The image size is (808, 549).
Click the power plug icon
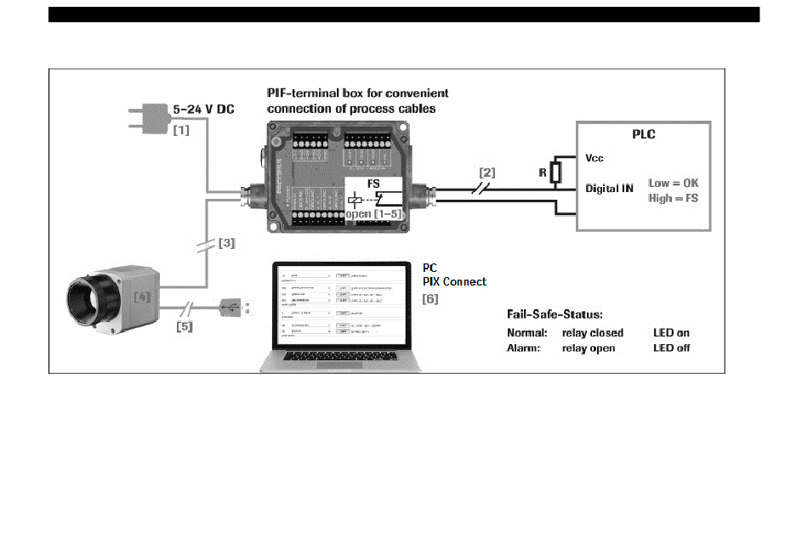pyautogui.click(x=145, y=118)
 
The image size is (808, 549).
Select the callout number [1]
pyautogui.click(x=181, y=132)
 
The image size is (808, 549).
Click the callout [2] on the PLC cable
pyautogui.click(x=487, y=173)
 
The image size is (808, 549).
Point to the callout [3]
pyautogui.click(x=227, y=243)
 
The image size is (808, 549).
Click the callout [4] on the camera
pyautogui.click(x=143, y=297)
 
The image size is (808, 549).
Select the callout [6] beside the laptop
pyautogui.click(x=430, y=299)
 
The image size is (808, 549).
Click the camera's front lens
pyautogui.click(x=85, y=297)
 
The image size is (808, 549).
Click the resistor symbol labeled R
pyautogui.click(x=556, y=173)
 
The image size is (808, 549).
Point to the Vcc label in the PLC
pyautogui.click(x=595, y=159)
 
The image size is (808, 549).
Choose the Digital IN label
pyautogui.click(x=609, y=189)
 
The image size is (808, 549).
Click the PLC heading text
pyautogui.click(x=643, y=133)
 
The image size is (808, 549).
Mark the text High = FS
pyautogui.click(x=674, y=197)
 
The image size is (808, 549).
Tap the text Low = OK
pyautogui.click(x=674, y=183)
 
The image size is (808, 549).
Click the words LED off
pyautogui.click(x=671, y=348)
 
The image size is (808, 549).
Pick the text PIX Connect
pyautogui.click(x=455, y=281)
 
